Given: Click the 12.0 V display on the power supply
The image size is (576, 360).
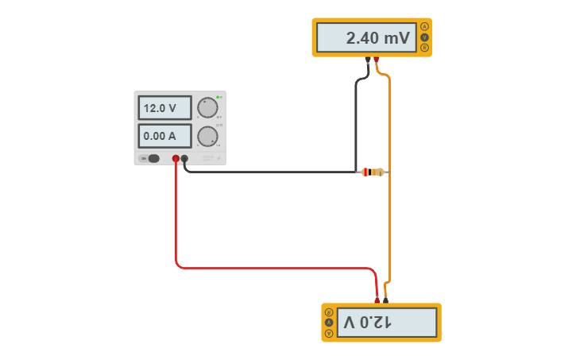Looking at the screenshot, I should pyautogui.click(x=164, y=108).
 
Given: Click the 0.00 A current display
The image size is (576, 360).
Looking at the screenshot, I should pyautogui.click(x=164, y=136).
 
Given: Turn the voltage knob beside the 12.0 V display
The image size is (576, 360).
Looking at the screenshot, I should pyautogui.click(x=207, y=107).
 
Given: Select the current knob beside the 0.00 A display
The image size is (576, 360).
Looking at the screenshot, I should pyautogui.click(x=207, y=136).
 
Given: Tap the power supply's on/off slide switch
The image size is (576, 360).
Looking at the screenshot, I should pyautogui.click(x=151, y=158).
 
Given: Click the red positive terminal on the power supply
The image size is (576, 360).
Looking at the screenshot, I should pyautogui.click(x=176, y=158).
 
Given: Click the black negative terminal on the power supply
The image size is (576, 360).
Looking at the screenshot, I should pyautogui.click(x=184, y=158).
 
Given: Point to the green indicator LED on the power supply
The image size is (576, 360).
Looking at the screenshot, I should pyautogui.click(x=218, y=97).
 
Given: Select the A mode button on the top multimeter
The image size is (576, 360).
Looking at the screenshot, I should pyautogui.click(x=425, y=27).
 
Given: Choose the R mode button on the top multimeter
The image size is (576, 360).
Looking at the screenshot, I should pyautogui.click(x=425, y=48).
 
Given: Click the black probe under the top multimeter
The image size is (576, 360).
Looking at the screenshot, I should pyautogui.click(x=368, y=60).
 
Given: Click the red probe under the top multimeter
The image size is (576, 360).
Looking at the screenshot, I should pyautogui.click(x=377, y=60).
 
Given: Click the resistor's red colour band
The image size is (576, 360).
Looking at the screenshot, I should pyautogui.click(x=366, y=172).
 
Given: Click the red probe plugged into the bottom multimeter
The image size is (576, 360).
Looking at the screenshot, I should pyautogui.click(x=377, y=299).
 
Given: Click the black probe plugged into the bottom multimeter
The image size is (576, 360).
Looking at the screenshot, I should pyautogui.click(x=385, y=299).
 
